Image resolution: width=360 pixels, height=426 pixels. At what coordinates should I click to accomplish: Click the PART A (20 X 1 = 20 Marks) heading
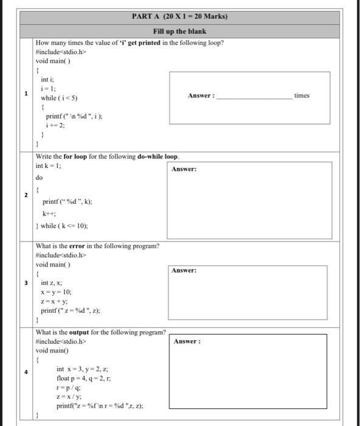tap(179, 16)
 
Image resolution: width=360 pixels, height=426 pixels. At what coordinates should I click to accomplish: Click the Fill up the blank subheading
tap(179, 31)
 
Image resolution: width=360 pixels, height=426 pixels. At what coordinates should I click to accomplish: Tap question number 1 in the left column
tap(26, 94)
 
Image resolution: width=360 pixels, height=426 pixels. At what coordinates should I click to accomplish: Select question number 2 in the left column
tap(26, 195)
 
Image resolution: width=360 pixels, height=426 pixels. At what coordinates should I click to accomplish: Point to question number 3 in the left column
tap(26, 283)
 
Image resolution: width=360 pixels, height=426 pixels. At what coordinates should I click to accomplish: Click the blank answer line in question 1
tap(254, 96)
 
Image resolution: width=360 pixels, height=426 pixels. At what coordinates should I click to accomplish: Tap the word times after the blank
tap(302, 96)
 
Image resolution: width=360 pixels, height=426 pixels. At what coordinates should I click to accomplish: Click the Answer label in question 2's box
tap(184, 169)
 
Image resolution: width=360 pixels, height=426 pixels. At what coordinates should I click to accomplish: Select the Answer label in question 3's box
tap(184, 270)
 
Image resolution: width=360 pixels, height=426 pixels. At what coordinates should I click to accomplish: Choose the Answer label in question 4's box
tap(187, 341)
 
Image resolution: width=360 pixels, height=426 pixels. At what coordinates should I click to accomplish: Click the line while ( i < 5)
tap(59, 98)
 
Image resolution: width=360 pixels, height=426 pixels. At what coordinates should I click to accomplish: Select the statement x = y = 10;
tap(58, 292)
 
